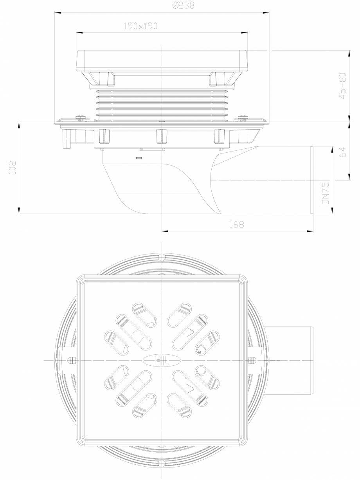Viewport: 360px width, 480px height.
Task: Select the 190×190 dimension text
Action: (x=140, y=26)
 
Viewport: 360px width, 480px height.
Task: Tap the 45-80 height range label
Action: (x=343, y=85)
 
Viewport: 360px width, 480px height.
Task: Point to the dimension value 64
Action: (x=343, y=152)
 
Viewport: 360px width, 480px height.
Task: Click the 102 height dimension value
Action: (x=12, y=168)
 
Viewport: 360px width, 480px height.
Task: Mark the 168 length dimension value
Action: (x=237, y=225)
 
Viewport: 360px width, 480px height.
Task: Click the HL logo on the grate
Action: (x=161, y=360)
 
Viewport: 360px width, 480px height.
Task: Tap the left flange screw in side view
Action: (x=81, y=117)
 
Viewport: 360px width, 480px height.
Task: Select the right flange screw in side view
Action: (x=242, y=117)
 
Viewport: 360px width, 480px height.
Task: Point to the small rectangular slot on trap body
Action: (x=138, y=158)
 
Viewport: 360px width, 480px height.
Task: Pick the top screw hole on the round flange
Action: (x=161, y=257)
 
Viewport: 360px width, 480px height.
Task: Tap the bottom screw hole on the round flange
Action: (x=161, y=464)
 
